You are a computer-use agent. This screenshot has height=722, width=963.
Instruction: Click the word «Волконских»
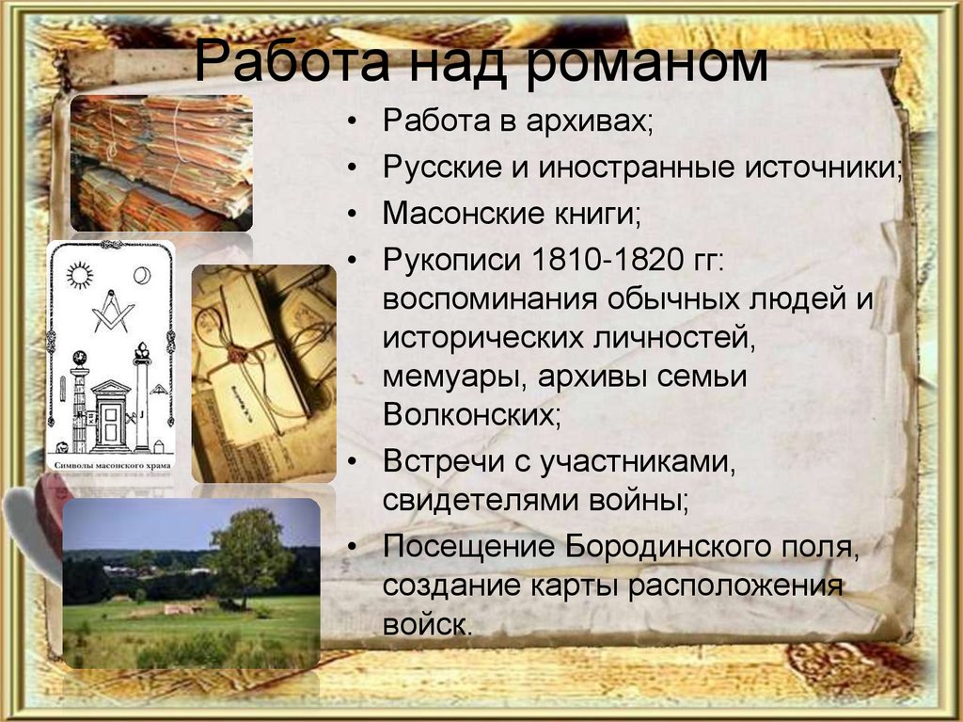point(471,414)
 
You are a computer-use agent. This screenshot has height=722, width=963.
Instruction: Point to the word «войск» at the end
point(424,624)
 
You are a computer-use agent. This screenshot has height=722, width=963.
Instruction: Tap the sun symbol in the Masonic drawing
point(80,276)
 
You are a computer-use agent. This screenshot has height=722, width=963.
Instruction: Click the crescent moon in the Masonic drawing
point(143,275)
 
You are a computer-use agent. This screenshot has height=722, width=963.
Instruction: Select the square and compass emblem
point(112,311)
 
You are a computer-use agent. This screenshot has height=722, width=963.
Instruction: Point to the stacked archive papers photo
point(161,163)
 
